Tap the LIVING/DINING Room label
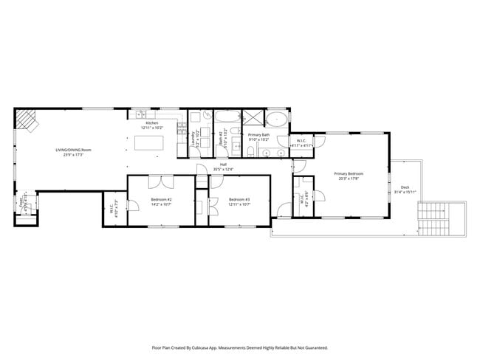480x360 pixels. point(74,151)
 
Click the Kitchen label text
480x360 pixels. point(151,123)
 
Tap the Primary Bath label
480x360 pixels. point(258,136)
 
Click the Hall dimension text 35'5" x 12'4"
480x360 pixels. point(223,170)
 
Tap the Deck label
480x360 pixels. point(405,187)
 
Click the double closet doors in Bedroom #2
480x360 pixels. point(162,181)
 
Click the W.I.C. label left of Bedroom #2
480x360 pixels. point(112,210)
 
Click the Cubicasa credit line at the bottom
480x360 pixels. point(239,347)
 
